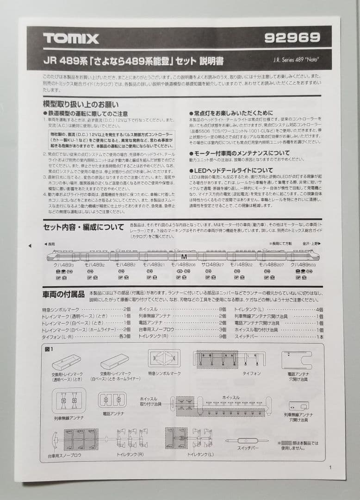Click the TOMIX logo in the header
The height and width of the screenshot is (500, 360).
(x=71, y=38)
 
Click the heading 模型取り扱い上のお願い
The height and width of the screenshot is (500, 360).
(x=81, y=104)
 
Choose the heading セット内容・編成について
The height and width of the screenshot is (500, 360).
(x=83, y=227)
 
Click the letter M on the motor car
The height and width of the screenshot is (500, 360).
(x=183, y=256)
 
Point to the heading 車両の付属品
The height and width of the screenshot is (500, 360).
(x=63, y=294)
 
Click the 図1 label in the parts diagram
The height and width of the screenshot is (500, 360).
(x=49, y=350)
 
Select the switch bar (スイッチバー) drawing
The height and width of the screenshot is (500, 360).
(x=244, y=441)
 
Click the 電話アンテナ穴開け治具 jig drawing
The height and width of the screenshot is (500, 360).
(x=297, y=360)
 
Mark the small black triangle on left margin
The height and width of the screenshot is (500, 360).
(x=30, y=245)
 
